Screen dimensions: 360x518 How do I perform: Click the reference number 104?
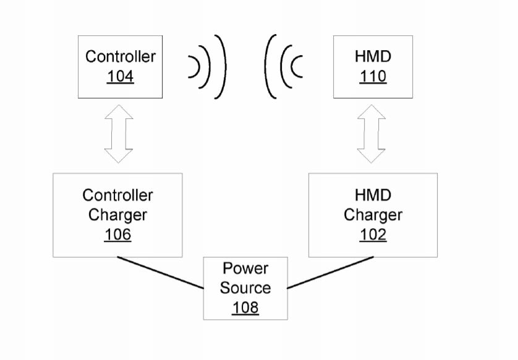120,77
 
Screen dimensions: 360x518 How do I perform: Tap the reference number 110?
373,77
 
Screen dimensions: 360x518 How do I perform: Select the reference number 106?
117,235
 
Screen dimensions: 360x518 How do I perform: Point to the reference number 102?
373,235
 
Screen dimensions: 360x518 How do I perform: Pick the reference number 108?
245,307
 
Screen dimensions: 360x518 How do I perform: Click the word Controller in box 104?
121,56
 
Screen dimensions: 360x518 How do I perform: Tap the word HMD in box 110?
373,56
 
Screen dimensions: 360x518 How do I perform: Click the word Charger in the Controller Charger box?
117,215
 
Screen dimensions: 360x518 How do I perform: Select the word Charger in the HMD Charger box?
373,215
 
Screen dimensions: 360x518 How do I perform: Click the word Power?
245,268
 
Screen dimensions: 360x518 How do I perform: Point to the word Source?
245,288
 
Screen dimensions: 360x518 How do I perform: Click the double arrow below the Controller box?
119,134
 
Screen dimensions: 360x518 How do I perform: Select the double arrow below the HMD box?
372,134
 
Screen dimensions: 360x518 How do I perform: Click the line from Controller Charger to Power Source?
161,273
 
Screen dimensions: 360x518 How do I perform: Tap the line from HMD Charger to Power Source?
331,273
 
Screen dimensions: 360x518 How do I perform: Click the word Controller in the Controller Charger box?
117,195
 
